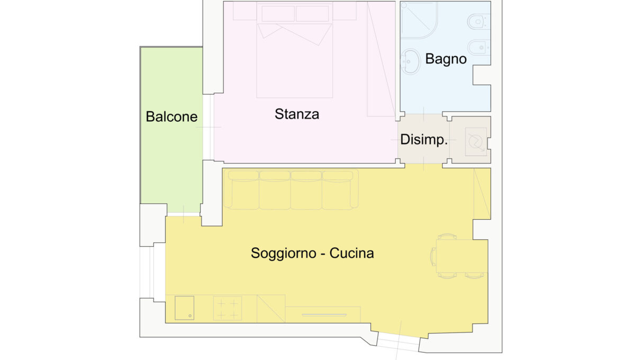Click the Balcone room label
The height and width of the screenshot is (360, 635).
pyautogui.click(x=171, y=116)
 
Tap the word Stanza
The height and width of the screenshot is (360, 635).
pyautogui.click(x=297, y=114)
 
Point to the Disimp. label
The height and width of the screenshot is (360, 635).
pyautogui.click(x=424, y=140)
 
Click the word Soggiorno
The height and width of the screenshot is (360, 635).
pyautogui.click(x=284, y=254)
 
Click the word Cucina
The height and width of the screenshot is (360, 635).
pyautogui.click(x=351, y=253)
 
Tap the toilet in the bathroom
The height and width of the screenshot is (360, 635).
pyautogui.click(x=478, y=22)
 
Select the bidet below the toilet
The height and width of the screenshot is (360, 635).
pyautogui.click(x=479, y=47)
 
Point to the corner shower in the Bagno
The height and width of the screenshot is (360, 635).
pyautogui.click(x=419, y=20)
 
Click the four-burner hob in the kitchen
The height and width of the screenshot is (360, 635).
pyautogui.click(x=228, y=308)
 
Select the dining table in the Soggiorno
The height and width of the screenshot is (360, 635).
pyautogui.click(x=462, y=256)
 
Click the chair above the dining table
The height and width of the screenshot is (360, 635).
pyautogui.click(x=447, y=237)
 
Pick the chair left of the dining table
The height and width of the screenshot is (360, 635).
pyautogui.click(x=433, y=256)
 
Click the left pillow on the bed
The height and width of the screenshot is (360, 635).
pyautogui.click(x=278, y=14)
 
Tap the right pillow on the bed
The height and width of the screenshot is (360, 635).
pyautogui.click(x=312, y=14)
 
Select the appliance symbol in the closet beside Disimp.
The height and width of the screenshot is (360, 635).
pyautogui.click(x=476, y=141)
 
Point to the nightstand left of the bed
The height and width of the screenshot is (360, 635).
pyautogui.click(x=245, y=11)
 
